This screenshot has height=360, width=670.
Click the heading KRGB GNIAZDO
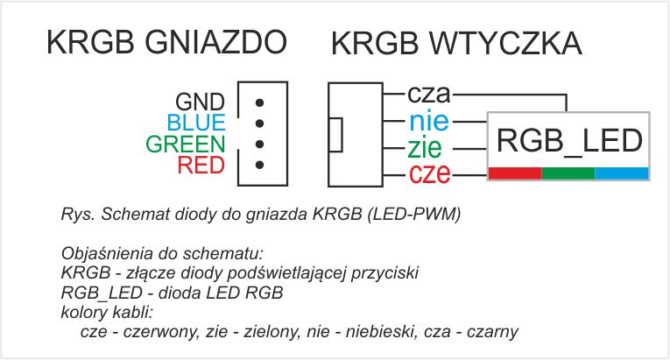coord(166,42)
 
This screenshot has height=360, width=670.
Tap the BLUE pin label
coord(195,123)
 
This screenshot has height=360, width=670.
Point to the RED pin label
coord(201,165)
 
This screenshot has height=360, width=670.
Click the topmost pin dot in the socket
coord(259,102)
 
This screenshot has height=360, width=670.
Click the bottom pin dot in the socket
coord(259,165)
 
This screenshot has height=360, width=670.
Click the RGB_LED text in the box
coord(569,140)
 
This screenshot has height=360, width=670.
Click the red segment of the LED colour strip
coord(515,173)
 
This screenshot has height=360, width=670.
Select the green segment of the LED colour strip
coord(568,173)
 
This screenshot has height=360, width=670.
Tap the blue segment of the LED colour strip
coord(622,173)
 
